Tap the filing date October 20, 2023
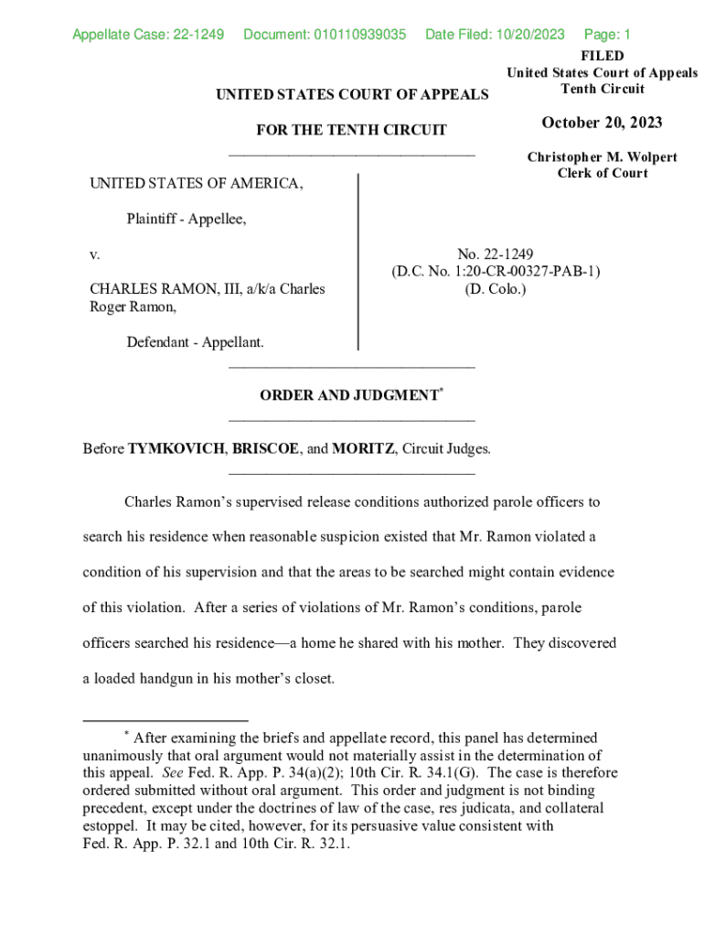(602, 123)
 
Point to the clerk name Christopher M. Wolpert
(602, 156)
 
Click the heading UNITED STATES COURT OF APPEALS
(351, 94)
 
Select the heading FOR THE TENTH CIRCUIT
(351, 130)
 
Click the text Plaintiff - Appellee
(187, 219)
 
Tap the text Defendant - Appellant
(195, 342)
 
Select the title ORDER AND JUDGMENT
(348, 395)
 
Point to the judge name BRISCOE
(265, 448)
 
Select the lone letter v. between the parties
(94, 253)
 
